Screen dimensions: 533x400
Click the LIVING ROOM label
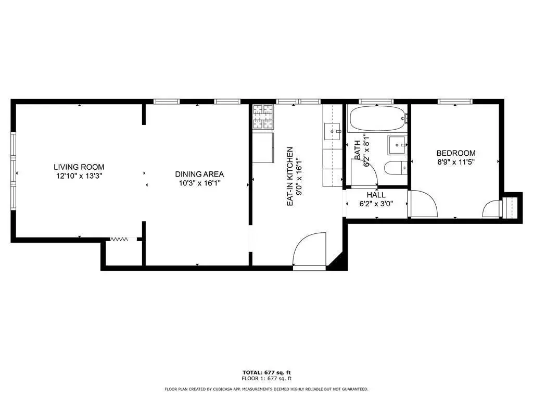point(79,167)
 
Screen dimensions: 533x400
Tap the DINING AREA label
point(199,174)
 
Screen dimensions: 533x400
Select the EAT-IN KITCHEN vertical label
point(290,176)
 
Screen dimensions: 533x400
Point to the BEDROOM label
point(456,153)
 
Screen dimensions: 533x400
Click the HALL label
point(376,195)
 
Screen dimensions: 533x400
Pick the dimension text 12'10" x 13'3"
point(79,176)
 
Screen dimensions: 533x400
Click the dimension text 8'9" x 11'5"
point(456,162)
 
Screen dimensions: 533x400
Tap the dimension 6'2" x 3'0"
point(376,204)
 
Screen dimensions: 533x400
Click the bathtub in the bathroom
point(377,118)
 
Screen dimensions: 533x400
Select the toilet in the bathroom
point(396,168)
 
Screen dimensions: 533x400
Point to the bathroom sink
point(397,145)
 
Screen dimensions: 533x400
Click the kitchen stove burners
point(263,117)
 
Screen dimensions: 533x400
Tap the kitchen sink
point(332,131)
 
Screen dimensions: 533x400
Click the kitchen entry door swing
point(309,248)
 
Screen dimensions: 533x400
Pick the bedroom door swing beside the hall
point(423,204)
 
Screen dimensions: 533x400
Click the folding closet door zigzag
point(119,240)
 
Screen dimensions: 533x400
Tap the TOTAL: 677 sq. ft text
point(266,372)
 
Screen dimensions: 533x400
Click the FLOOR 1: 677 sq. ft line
point(266,378)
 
